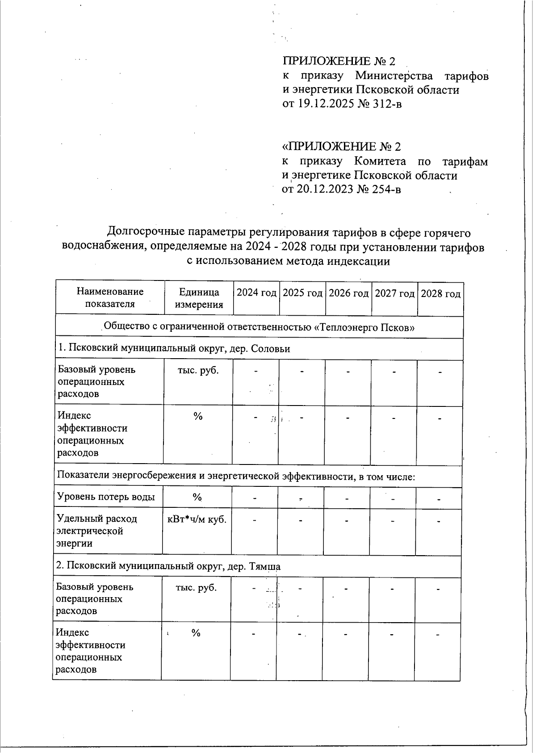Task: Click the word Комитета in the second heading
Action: click(380, 161)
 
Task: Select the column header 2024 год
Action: click(256, 293)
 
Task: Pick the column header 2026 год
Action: click(348, 293)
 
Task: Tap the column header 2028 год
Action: click(440, 294)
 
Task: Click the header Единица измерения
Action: click(199, 298)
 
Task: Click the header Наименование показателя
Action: click(110, 297)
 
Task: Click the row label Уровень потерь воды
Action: click(106, 497)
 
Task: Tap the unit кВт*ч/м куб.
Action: click(197, 519)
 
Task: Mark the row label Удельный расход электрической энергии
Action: click(96, 531)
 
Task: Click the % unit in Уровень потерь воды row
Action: click(197, 497)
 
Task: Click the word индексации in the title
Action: click(359, 261)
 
